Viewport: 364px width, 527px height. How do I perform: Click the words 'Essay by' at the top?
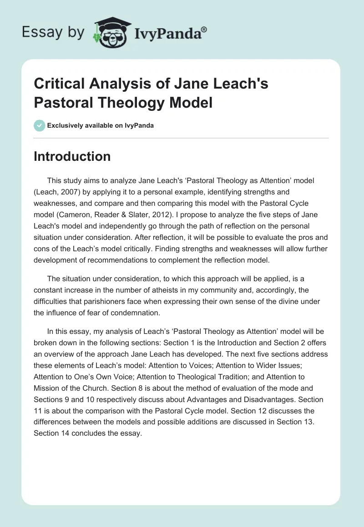[52, 32]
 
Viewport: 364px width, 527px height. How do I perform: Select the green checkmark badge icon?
[39, 126]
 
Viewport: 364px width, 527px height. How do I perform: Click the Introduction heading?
[72, 156]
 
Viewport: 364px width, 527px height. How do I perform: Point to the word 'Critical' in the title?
[58, 84]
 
